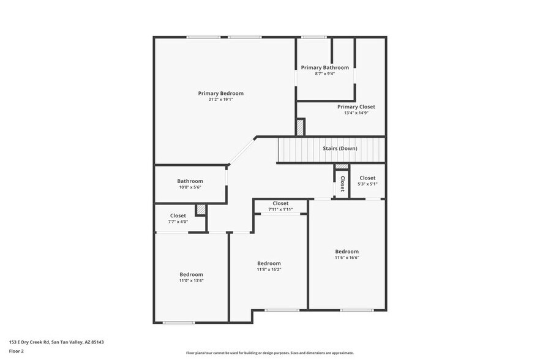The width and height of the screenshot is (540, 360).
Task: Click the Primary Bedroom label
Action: (220, 94)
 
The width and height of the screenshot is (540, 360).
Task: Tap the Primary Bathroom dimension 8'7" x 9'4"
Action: (324, 73)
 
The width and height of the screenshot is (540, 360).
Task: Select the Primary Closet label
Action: (356, 107)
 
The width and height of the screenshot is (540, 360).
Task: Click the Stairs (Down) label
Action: (340, 148)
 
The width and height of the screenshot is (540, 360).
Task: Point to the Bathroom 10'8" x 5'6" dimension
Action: (190, 187)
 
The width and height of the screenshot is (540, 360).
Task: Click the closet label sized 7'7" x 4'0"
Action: (178, 216)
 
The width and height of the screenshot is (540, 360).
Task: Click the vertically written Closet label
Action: (342, 184)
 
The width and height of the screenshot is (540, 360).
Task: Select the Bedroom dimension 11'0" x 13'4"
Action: (191, 281)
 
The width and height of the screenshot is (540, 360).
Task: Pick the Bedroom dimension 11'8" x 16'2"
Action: (269, 269)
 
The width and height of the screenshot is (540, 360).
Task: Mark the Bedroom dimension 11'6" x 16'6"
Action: (347, 258)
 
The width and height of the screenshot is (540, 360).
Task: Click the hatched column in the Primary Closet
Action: (300, 127)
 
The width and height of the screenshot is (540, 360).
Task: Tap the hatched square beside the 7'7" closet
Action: (200, 210)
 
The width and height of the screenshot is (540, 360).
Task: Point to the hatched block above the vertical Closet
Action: (342, 167)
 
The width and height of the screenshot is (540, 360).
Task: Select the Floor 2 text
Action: (16, 351)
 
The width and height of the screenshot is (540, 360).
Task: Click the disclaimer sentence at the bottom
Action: (269, 353)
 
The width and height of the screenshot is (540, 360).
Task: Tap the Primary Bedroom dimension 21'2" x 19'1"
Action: (220, 100)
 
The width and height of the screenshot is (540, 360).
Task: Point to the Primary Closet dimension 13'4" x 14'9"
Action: (356, 113)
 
